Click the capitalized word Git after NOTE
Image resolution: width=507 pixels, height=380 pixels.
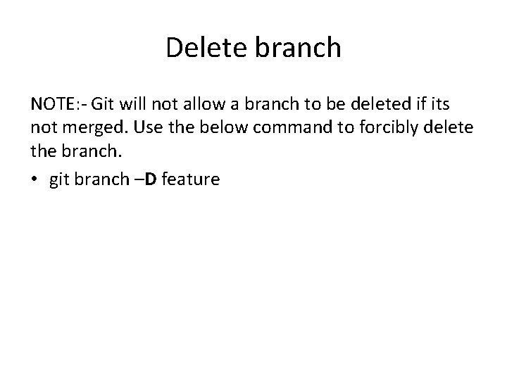(x=104, y=104)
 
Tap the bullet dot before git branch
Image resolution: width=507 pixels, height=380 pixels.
(x=35, y=180)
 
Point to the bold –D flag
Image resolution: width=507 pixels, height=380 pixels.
(x=144, y=180)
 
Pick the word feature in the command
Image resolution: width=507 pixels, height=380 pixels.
(x=191, y=180)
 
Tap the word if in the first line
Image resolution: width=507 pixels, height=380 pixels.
(x=420, y=104)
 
